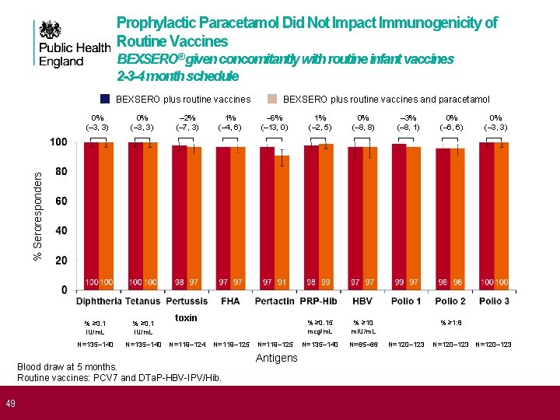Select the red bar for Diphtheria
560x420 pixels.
pos(92,218)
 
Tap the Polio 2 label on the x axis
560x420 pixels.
pos(450,301)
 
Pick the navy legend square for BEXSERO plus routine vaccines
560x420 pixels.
pos(105,100)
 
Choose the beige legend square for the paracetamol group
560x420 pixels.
pos(272,100)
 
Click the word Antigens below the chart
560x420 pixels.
pos(276,358)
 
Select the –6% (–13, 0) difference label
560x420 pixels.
pos(275,123)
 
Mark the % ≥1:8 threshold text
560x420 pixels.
pos(451,323)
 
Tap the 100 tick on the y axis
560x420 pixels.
pos(58,142)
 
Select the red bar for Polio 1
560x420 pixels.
pos(400,218)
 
